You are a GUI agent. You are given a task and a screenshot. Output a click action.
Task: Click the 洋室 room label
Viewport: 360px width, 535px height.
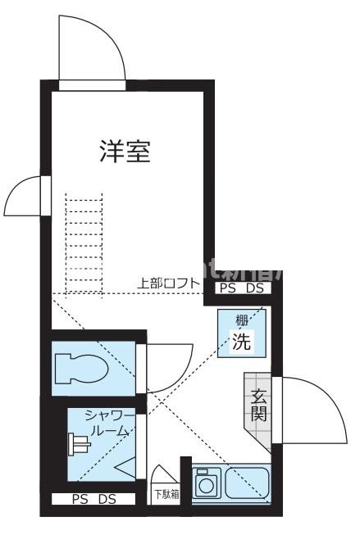(125, 152)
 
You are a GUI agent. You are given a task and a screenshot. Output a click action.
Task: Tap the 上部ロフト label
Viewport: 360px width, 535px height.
(168, 283)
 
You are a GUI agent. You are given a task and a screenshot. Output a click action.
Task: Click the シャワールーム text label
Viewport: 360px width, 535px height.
(107, 424)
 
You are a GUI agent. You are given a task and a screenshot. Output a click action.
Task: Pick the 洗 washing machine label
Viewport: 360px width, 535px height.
(242, 342)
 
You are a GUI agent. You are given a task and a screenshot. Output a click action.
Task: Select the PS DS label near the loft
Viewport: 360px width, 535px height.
(243, 288)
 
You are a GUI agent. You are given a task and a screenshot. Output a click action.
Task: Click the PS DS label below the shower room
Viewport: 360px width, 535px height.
(93, 499)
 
